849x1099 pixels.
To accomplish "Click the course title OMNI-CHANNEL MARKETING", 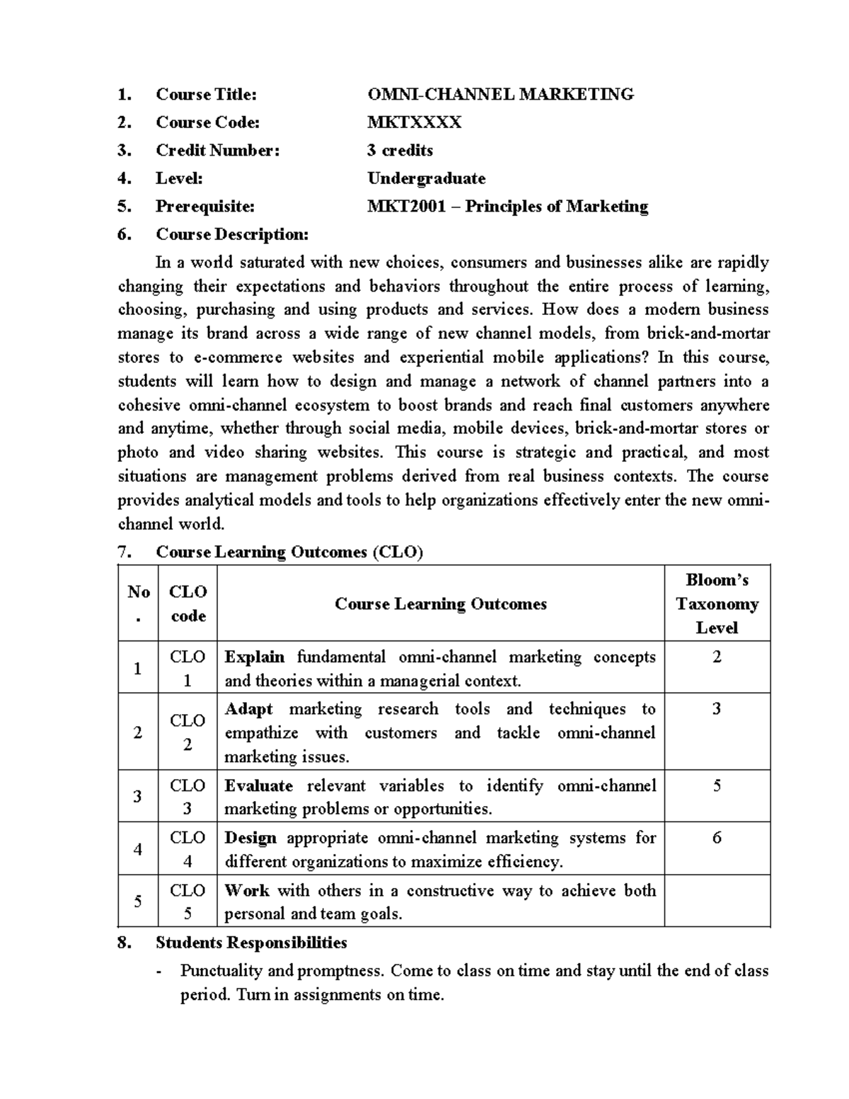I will pyautogui.click(x=500, y=94).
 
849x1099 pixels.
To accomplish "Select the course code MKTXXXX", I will pyautogui.click(x=414, y=122).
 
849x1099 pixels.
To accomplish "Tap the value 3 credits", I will pyautogui.click(x=400, y=150).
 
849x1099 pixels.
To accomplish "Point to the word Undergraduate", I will pyautogui.click(x=426, y=178).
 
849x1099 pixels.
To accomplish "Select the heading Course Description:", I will pyautogui.click(x=232, y=234).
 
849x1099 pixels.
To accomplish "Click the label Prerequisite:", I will pyautogui.click(x=204, y=207).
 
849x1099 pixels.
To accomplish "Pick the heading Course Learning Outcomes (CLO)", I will pyautogui.click(x=289, y=552).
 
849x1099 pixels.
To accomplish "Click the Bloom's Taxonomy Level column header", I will pyautogui.click(x=717, y=604).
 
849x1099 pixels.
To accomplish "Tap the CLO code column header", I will pyautogui.click(x=188, y=604).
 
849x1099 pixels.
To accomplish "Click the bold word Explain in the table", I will pyautogui.click(x=255, y=657).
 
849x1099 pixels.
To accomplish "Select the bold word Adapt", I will pyautogui.click(x=248, y=709).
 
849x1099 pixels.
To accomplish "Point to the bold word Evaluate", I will pyautogui.click(x=258, y=786).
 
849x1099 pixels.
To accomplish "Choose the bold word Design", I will pyautogui.click(x=250, y=838).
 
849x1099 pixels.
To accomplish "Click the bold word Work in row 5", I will pyautogui.click(x=246, y=890).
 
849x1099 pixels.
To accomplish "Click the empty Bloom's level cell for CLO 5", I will pyautogui.click(x=717, y=901).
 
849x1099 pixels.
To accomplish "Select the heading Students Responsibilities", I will pyautogui.click(x=251, y=943).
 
